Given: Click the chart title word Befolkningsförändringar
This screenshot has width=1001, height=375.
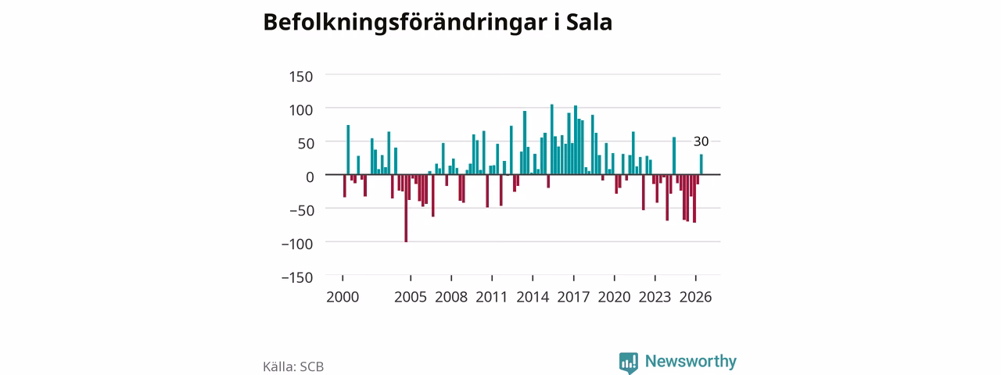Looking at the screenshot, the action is [405, 23].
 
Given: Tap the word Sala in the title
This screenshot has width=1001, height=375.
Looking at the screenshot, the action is [589, 22].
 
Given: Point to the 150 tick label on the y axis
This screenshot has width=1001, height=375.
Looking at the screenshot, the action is [301, 77].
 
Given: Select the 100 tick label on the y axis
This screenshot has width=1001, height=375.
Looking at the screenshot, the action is [301, 110].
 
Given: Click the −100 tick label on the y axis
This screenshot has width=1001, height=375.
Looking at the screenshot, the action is [296, 245].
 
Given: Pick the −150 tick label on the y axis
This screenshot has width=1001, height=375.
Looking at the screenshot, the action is [296, 277].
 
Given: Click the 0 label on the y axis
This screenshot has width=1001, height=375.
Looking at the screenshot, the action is [310, 177].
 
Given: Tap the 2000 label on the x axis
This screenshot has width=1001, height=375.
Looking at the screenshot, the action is [343, 298].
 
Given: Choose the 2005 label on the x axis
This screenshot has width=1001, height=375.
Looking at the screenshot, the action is [411, 298].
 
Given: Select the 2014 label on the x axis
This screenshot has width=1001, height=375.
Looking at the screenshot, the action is [533, 298].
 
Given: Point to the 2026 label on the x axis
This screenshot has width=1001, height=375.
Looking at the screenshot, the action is [696, 298].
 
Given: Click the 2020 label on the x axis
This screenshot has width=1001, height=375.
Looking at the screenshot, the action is [615, 298].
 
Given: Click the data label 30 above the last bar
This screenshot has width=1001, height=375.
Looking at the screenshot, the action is [701, 141].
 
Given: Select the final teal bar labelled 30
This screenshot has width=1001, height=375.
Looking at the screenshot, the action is [701, 164].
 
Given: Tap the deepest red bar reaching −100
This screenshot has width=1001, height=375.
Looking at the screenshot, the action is [406, 208].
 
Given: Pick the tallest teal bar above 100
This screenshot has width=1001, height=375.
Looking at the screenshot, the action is [552, 139].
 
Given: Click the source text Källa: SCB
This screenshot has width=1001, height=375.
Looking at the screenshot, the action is [293, 366].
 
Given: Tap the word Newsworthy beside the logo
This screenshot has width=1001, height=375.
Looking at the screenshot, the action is [691, 361].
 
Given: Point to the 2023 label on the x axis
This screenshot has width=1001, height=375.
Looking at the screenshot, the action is [655, 298].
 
